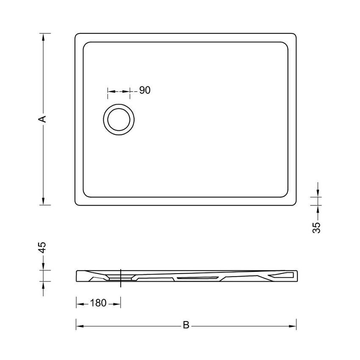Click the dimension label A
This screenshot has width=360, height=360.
pyautogui.click(x=42, y=119)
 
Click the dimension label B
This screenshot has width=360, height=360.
pyautogui.click(x=186, y=325)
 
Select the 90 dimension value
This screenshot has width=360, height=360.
pyautogui.click(x=145, y=90)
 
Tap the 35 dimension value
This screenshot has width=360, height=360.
pyautogui.click(x=317, y=227)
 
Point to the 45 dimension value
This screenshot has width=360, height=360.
pyautogui.click(x=42, y=248)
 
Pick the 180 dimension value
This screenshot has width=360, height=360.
pyautogui.click(x=98, y=303)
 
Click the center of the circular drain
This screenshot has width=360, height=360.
pyautogui.click(x=119, y=119)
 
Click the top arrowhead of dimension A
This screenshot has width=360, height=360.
pyautogui.click(x=43, y=37)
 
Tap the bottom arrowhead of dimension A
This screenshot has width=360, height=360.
pyautogui.click(x=43, y=201)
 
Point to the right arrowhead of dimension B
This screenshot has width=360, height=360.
pyautogui.click(x=293, y=326)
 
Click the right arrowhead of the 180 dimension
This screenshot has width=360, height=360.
pyautogui.click(x=117, y=303)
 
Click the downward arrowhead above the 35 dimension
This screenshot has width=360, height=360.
pyautogui.click(x=317, y=194)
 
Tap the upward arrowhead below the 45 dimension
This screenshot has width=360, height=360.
pyautogui.click(x=43, y=285)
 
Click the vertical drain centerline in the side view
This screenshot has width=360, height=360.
pyautogui.click(x=121, y=277)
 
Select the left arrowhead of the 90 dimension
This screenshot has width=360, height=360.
pyautogui.click(x=111, y=91)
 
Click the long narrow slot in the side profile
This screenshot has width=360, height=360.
pyautogui.click(x=197, y=278)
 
